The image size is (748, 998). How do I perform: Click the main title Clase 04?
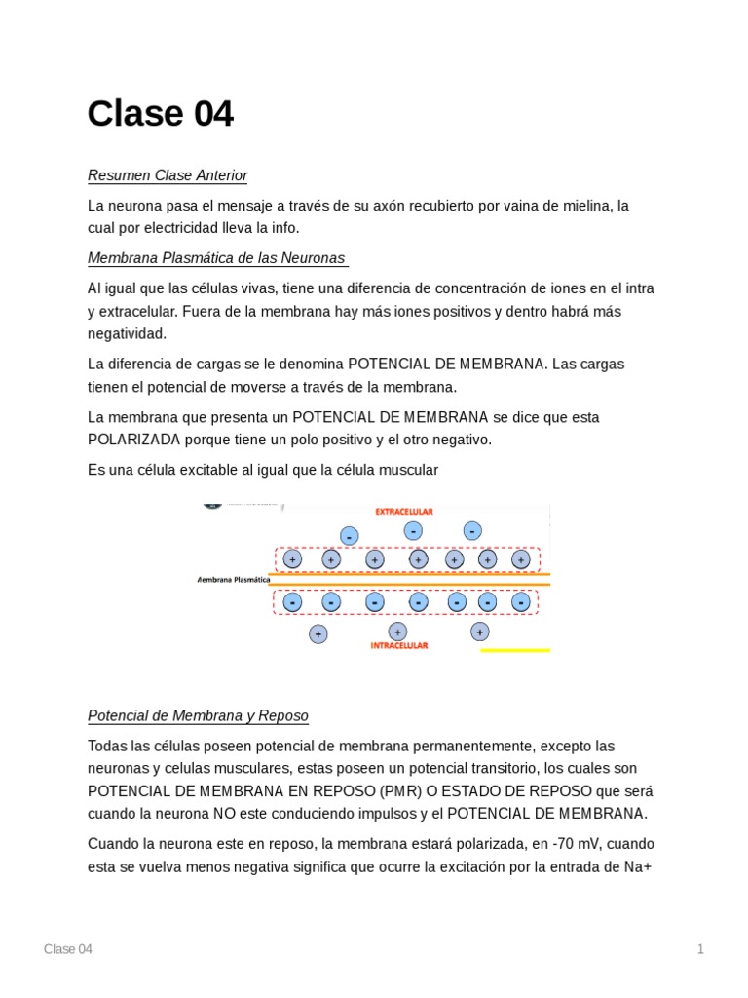pyautogui.click(x=161, y=114)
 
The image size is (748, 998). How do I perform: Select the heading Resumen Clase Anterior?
pyautogui.click(x=168, y=175)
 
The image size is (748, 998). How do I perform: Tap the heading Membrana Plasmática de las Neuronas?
pyautogui.click(x=216, y=258)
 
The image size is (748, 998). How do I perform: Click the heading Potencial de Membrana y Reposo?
pyautogui.click(x=198, y=716)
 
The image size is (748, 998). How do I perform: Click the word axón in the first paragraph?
pyautogui.click(x=394, y=206)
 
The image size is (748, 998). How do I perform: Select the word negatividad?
pyautogui.click(x=128, y=333)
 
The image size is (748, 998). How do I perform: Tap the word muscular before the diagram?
pyautogui.click(x=408, y=470)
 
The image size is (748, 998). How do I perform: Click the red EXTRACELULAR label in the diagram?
pyautogui.click(x=404, y=511)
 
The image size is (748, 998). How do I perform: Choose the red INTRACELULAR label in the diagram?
pyautogui.click(x=399, y=645)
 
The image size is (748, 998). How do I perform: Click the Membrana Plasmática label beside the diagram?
pyautogui.click(x=234, y=579)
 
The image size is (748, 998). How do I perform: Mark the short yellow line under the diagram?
pyautogui.click(x=515, y=650)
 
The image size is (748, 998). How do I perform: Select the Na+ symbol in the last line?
pyautogui.click(x=631, y=865)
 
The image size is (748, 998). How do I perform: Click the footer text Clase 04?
pyautogui.click(x=68, y=949)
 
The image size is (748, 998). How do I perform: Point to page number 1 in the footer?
pyautogui.click(x=699, y=949)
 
